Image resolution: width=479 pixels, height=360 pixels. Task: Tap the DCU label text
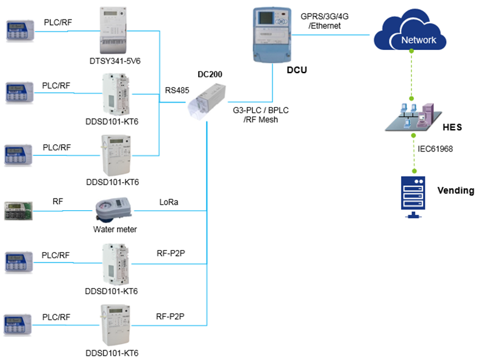click(297, 71)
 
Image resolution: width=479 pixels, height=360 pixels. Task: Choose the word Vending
click(455, 191)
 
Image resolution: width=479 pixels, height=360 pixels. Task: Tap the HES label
click(452, 128)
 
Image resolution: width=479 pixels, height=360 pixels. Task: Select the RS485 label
click(177, 91)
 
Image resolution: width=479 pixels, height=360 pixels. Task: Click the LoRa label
click(169, 202)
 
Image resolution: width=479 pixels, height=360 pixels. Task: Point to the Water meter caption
click(115, 230)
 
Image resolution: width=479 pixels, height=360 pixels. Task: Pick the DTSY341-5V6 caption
click(115, 62)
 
